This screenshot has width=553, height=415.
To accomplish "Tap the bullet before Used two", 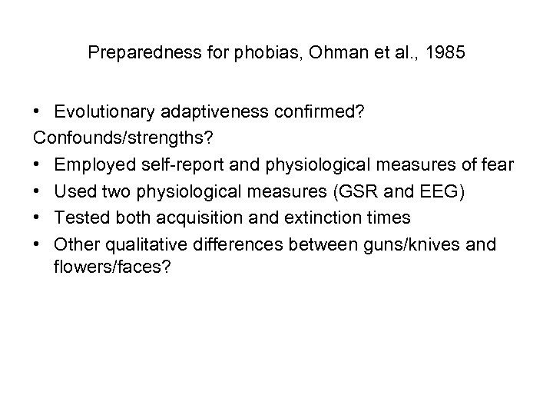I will (38, 190).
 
